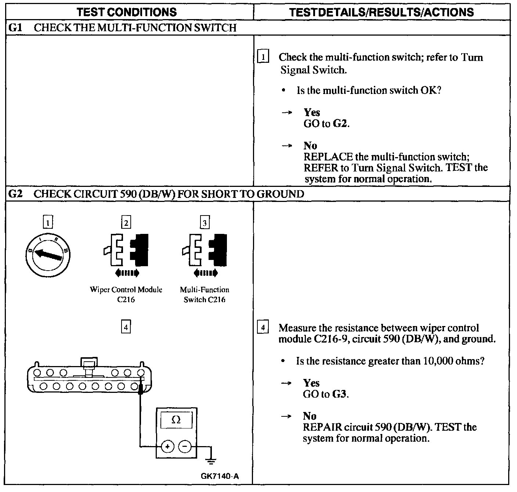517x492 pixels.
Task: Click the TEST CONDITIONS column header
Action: point(127,12)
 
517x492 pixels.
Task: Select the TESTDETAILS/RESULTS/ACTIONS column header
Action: point(381,12)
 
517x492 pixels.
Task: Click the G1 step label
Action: point(14,28)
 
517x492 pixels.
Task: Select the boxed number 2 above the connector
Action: point(126,223)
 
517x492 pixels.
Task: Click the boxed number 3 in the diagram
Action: point(205,223)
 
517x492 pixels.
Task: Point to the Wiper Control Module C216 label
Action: point(126,294)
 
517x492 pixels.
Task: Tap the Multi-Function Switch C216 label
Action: point(205,294)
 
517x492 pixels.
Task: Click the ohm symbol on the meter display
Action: point(176,420)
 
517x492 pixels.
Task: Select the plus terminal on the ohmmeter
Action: point(167,447)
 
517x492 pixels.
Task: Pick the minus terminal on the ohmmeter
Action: point(185,447)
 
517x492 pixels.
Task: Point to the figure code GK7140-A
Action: point(220,476)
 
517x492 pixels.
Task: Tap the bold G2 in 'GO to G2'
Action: point(340,124)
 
